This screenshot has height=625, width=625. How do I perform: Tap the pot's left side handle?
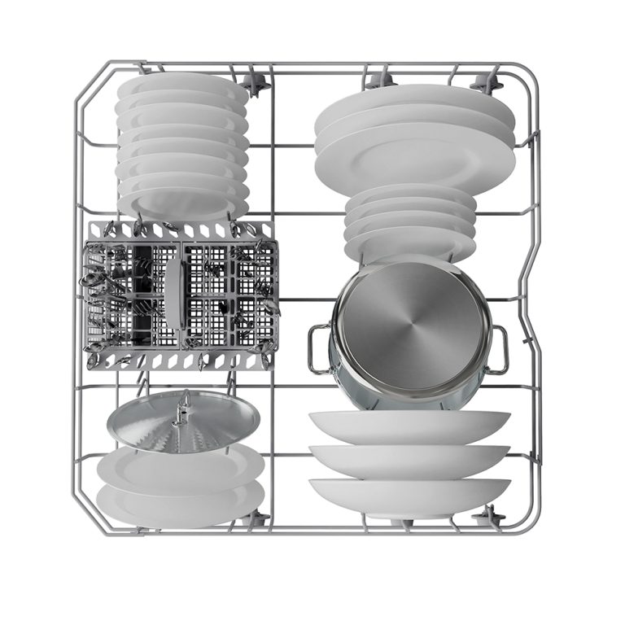(319, 348)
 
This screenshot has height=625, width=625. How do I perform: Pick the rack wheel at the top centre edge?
(377, 81)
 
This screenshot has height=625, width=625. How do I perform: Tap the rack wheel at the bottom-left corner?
(259, 518)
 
